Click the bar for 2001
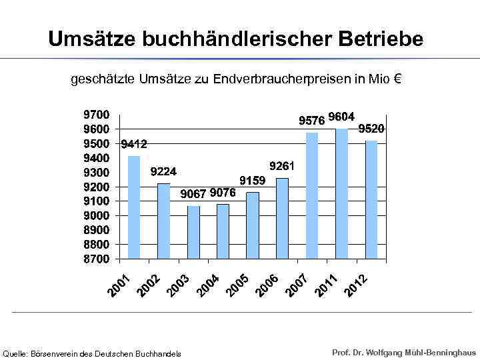point(134,207)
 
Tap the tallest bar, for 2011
point(341,193)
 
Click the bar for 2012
point(371,199)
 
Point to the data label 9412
point(134,144)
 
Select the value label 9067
point(193,194)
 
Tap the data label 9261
point(282,165)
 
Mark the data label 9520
point(372,129)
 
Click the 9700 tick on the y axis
point(96,115)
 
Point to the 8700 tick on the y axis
point(96,259)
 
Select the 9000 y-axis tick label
point(96,215)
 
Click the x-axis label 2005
point(237,285)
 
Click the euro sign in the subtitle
point(397,80)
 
